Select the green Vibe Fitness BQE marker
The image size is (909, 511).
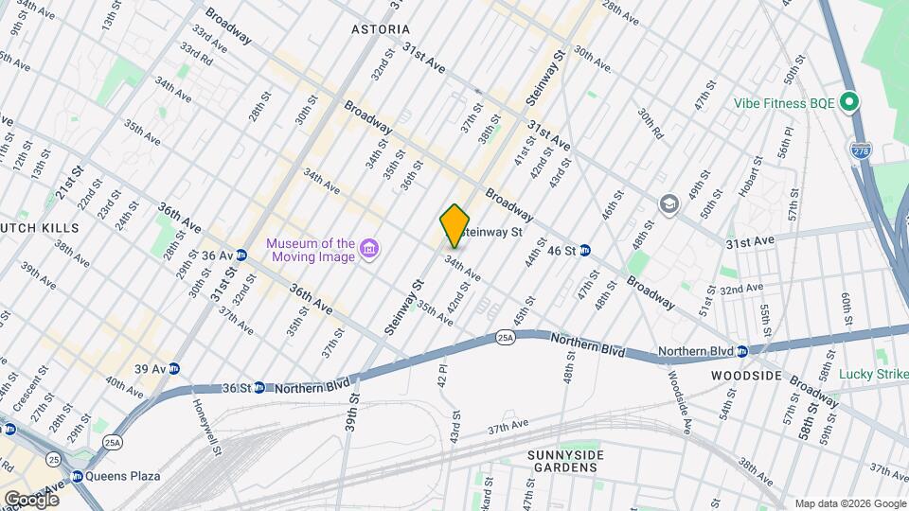(850, 102)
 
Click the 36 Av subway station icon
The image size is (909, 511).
(241, 255)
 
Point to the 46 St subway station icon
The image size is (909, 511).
(585, 251)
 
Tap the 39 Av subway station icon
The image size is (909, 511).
(173, 369)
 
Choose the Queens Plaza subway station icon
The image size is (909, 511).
(78, 476)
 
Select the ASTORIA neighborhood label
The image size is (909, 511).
(380, 29)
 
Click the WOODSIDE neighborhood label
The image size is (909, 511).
(746, 376)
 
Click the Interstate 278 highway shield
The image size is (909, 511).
(859, 149)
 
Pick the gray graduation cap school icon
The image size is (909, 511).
(668, 205)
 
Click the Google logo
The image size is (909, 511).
(31, 499)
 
